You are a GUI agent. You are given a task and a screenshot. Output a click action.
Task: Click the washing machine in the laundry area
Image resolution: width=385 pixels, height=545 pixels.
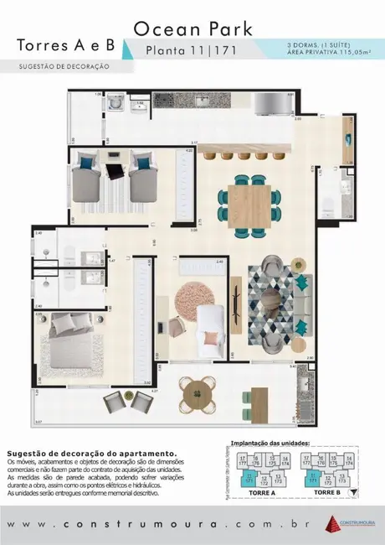pos(119,103)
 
